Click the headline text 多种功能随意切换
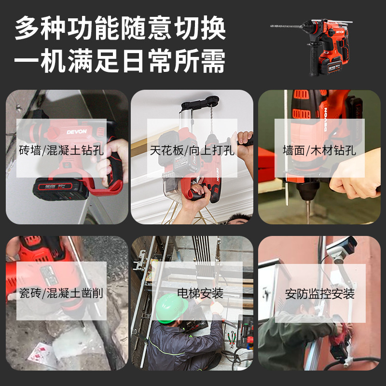point(120,28)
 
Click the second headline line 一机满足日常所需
point(120,61)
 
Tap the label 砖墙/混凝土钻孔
point(61,150)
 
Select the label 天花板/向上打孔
point(192,150)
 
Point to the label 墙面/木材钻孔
point(319,150)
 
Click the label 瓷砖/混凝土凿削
point(61,293)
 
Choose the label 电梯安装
point(200,293)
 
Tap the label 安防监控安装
point(320,293)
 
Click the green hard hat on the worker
point(171,308)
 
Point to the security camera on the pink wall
point(342,248)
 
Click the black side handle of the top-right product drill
point(314,59)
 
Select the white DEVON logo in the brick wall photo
point(77,132)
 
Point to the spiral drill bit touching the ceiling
point(211,119)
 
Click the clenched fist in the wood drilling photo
point(355,177)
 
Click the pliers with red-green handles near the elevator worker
point(231,339)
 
